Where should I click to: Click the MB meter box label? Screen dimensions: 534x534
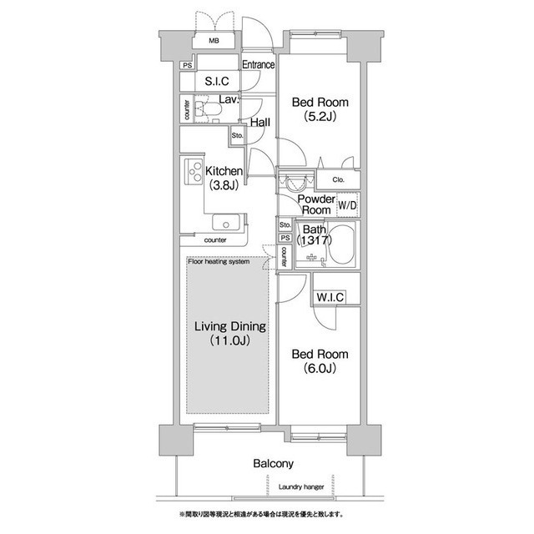click(x=214, y=41)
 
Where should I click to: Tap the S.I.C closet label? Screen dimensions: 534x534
click(x=217, y=81)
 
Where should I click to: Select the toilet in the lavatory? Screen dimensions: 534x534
click(x=208, y=109)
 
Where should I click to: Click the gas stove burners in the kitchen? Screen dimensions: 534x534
click(x=194, y=172)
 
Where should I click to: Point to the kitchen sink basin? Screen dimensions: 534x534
click(x=225, y=222)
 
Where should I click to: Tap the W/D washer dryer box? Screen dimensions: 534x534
click(x=348, y=205)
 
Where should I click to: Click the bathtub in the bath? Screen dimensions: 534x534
click(x=342, y=244)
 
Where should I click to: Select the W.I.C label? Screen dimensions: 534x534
click(x=330, y=297)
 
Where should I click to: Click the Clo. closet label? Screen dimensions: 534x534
click(x=338, y=179)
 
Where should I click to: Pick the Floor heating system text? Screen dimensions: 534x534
click(x=219, y=261)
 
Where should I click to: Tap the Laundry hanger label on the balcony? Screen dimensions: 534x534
click(x=301, y=486)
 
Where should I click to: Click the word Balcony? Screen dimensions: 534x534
click(x=273, y=464)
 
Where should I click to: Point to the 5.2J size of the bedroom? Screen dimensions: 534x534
click(x=320, y=117)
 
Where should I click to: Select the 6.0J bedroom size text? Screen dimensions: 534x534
click(x=320, y=368)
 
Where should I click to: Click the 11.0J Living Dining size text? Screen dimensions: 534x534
click(x=230, y=340)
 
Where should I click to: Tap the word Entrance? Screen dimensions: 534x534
click(x=258, y=64)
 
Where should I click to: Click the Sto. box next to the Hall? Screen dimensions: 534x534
click(x=237, y=135)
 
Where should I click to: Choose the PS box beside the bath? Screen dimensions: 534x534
click(x=285, y=238)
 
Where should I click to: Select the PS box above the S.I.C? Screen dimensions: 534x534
click(x=187, y=65)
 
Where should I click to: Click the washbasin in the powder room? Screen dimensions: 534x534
click(x=295, y=183)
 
